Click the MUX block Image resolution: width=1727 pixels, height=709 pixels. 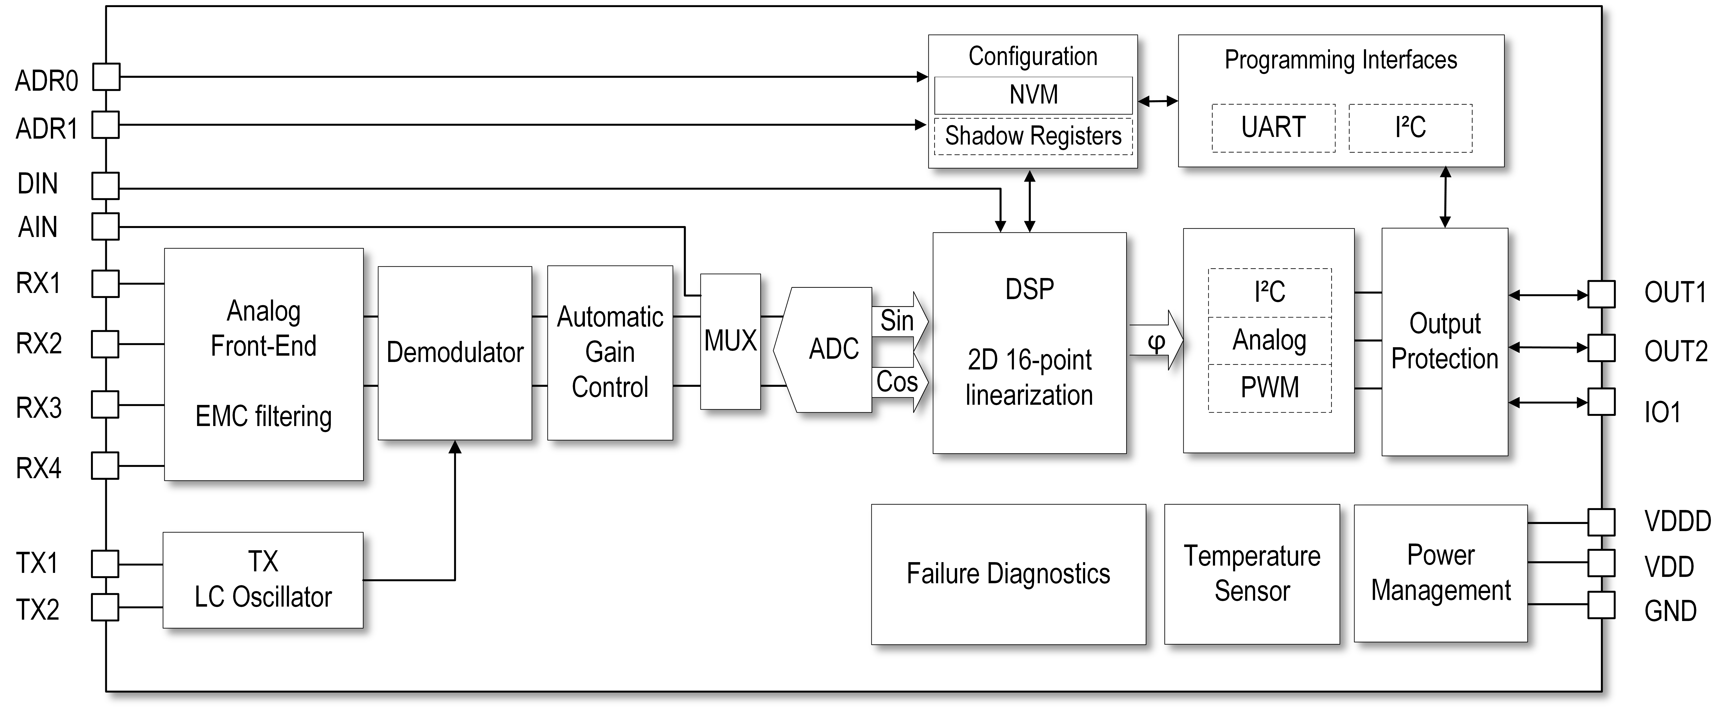point(730,341)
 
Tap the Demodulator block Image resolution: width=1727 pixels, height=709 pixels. point(455,353)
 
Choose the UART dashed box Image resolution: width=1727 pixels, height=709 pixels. point(1273,127)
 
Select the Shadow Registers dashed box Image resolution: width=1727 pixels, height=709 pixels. point(1033,136)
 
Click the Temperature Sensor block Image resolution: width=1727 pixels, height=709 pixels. point(1252,574)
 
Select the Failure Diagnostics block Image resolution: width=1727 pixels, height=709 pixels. point(1008,574)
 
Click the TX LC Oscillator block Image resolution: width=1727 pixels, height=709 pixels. point(263,580)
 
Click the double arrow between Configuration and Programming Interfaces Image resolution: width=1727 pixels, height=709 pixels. point(1158,101)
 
